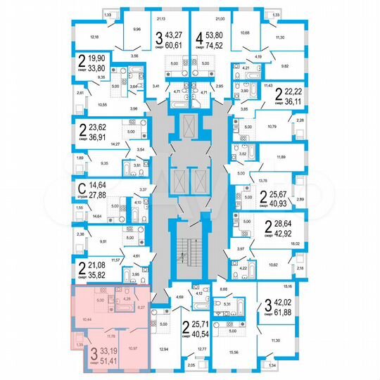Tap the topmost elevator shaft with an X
pos(189,127)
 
